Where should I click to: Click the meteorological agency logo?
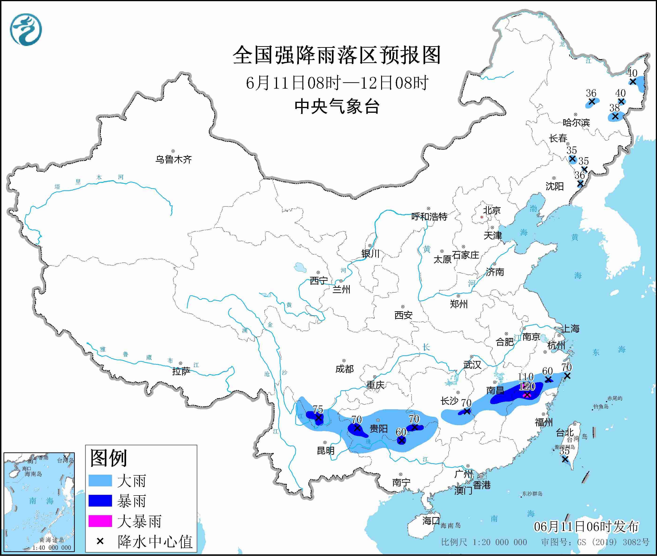26,29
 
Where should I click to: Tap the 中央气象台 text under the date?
337,106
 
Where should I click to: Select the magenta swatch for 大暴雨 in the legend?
100,521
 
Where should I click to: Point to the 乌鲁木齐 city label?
173,159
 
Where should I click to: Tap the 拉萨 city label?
181,371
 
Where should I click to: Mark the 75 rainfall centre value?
318,409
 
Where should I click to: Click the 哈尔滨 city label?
576,123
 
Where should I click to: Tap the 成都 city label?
344,369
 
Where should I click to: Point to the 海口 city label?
431,521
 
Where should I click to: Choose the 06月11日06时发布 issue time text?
586,526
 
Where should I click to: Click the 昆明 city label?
326,451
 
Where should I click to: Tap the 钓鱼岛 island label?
601,407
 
